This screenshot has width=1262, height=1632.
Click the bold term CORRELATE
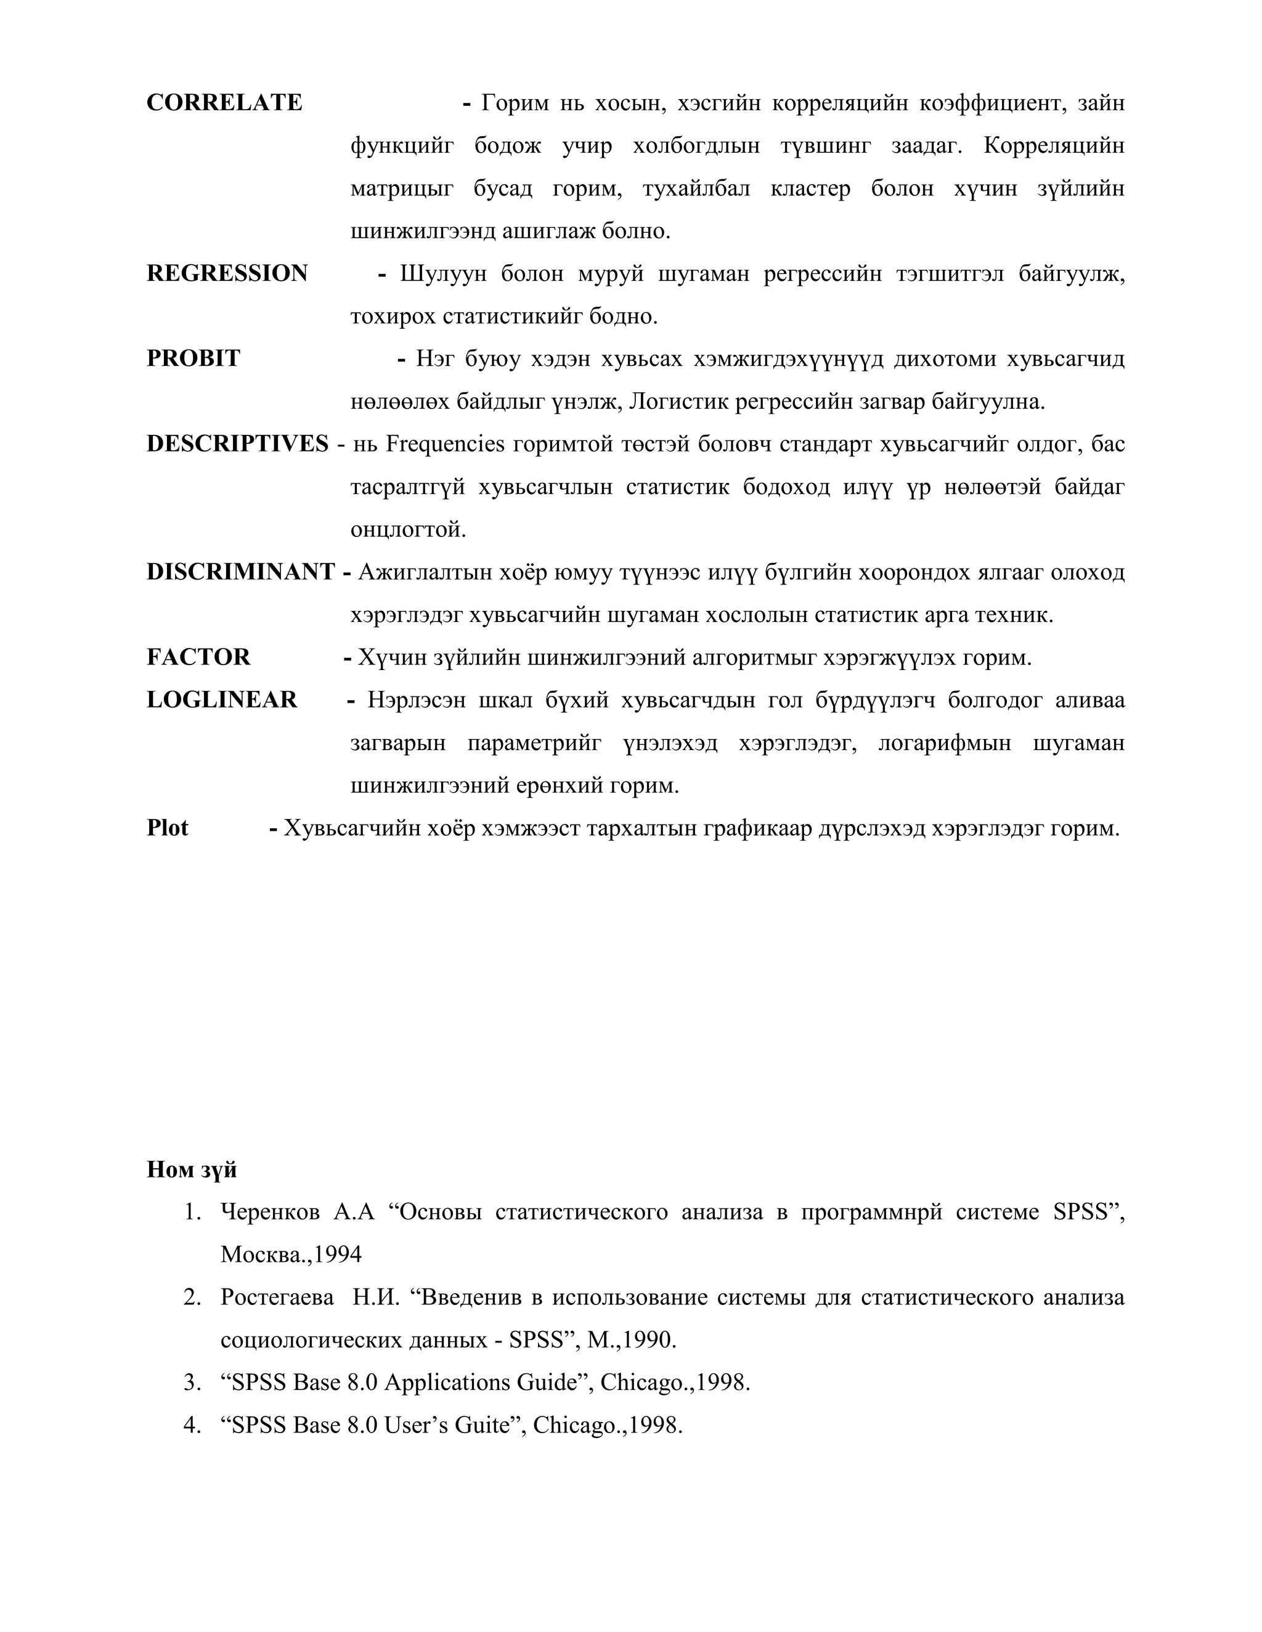point(224,102)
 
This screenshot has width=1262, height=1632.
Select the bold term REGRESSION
point(227,273)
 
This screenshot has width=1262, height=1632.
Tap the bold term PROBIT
point(193,358)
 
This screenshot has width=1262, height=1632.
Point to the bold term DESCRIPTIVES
point(237,444)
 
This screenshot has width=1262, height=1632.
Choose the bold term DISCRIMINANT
point(240,572)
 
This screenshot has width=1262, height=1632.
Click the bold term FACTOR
point(198,657)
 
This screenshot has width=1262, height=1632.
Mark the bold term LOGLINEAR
point(221,700)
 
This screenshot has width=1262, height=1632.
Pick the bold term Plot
point(167,828)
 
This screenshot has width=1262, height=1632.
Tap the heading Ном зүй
point(192,1169)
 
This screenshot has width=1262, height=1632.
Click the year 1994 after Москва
point(337,1254)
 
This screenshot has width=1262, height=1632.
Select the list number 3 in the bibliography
point(192,1383)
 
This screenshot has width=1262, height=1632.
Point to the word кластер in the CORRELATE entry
point(810,188)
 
